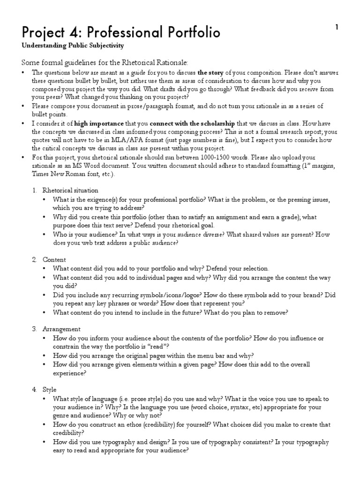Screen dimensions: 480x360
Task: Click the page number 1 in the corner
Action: pos(337,28)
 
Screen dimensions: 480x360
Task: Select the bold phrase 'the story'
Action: pos(211,72)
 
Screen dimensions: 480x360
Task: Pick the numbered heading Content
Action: pos(54,259)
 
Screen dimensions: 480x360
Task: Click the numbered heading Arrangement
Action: pos(61,329)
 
